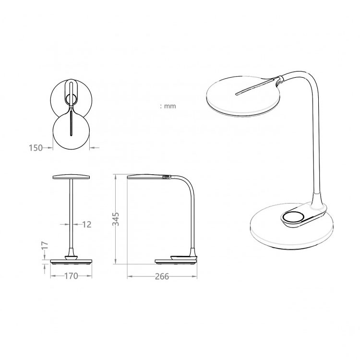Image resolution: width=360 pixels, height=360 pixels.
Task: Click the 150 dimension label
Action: click(36, 148)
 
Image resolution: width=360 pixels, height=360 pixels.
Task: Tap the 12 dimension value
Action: click(86, 224)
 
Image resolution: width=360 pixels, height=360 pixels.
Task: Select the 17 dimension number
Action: click(46, 245)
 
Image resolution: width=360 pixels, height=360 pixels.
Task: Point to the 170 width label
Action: click(71, 276)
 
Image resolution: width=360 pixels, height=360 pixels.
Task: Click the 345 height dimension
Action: click(116, 219)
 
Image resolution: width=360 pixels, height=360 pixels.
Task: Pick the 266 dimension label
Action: click(162, 276)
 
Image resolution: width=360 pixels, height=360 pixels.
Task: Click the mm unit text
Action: click(170, 106)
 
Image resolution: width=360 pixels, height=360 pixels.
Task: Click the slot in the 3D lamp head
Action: click(255, 87)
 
